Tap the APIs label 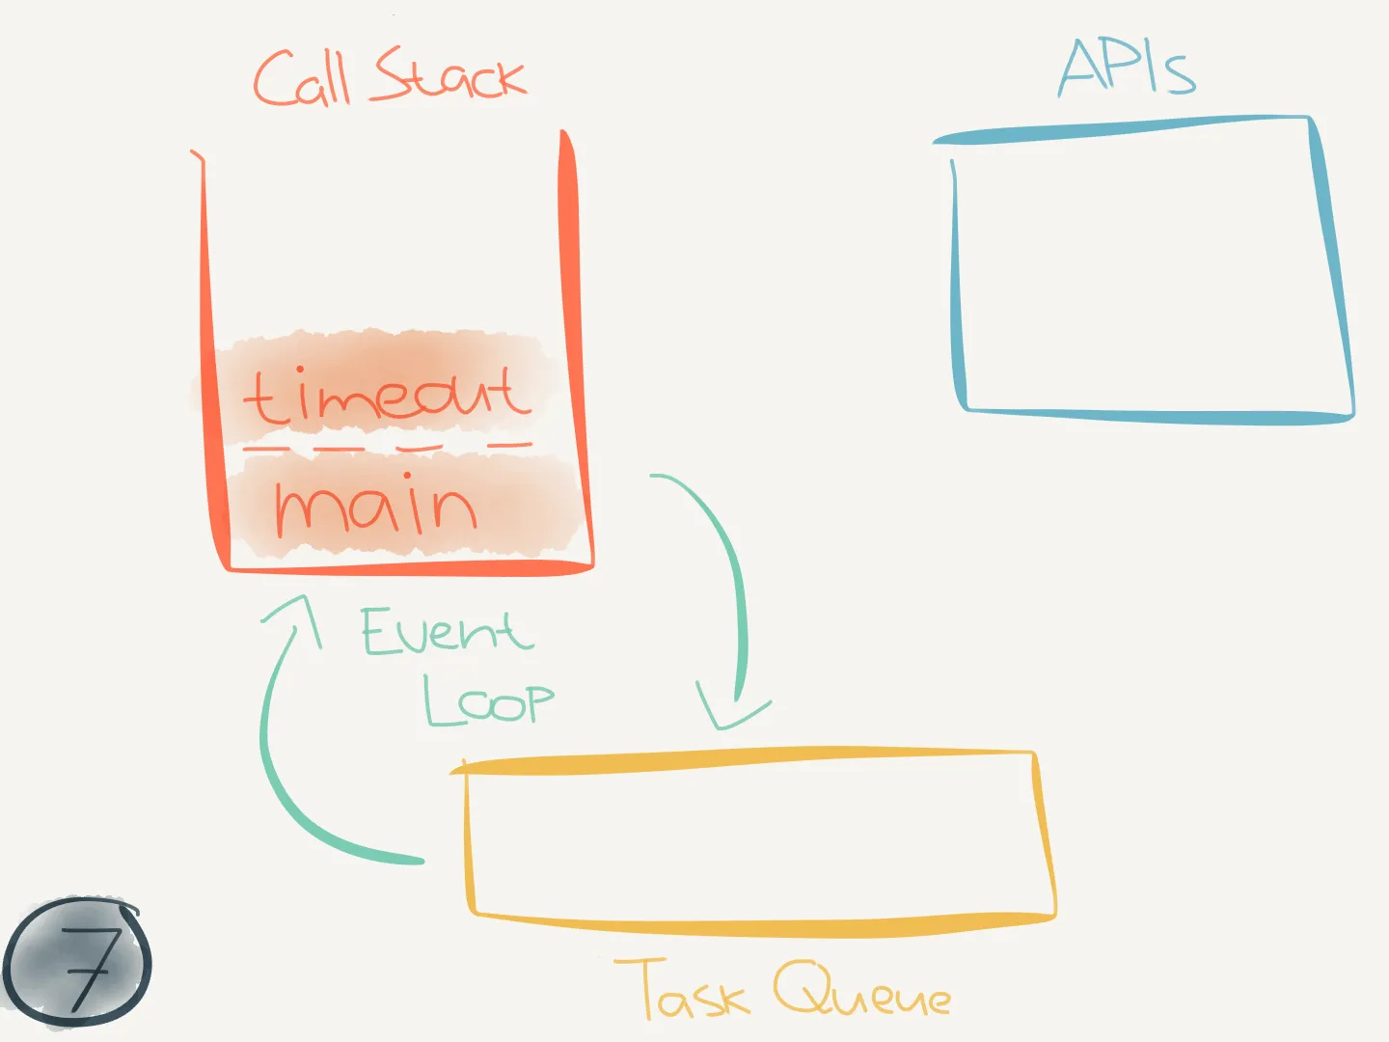click(1127, 68)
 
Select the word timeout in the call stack click(387, 395)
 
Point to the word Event click(447, 630)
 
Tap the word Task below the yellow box click(682, 988)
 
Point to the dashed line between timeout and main click(387, 448)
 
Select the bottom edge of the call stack click(410, 568)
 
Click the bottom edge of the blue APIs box click(1158, 416)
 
